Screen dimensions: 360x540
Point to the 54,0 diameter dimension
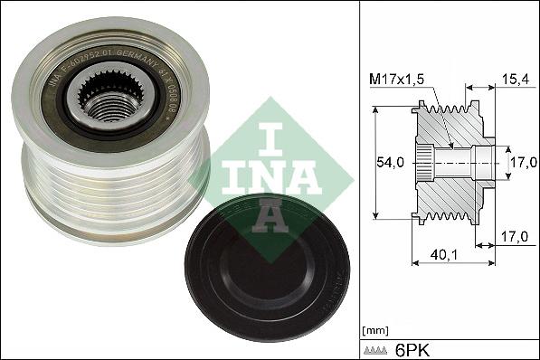pyautogui.click(x=390, y=164)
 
